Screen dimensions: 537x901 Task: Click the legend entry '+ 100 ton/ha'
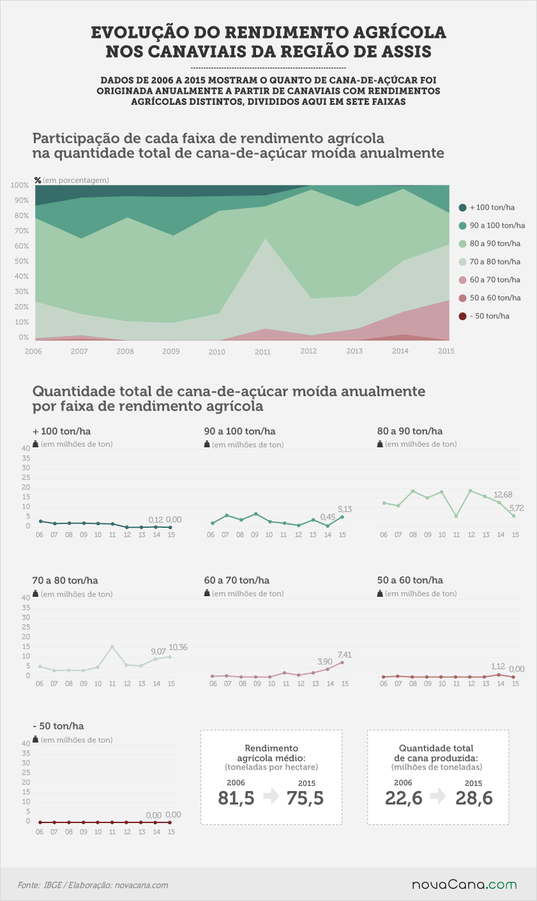(x=487, y=208)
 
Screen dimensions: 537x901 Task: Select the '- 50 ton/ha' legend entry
(x=484, y=316)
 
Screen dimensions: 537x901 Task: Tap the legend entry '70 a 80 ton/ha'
(x=490, y=262)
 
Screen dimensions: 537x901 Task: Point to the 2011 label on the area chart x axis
(x=262, y=352)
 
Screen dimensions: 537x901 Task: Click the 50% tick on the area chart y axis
(x=22, y=261)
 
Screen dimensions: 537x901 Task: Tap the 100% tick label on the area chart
(x=20, y=185)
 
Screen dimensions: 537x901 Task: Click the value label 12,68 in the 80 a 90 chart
(x=503, y=495)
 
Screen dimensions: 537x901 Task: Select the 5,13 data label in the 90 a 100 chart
(x=344, y=509)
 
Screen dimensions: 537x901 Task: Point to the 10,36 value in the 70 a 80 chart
(x=178, y=647)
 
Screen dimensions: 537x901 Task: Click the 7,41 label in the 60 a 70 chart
(x=344, y=655)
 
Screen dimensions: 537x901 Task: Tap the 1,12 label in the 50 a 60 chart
(x=497, y=666)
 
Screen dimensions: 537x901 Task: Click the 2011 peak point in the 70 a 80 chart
(x=112, y=647)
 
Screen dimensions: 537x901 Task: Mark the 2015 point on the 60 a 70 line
(x=342, y=663)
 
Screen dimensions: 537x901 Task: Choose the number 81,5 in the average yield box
(x=236, y=798)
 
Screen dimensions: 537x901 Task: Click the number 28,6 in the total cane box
(x=474, y=798)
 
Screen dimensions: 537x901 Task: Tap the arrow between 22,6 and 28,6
(x=438, y=796)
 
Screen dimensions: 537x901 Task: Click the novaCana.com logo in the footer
(x=464, y=885)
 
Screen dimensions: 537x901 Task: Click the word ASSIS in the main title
(x=406, y=52)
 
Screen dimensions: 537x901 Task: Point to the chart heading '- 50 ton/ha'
(x=58, y=726)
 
